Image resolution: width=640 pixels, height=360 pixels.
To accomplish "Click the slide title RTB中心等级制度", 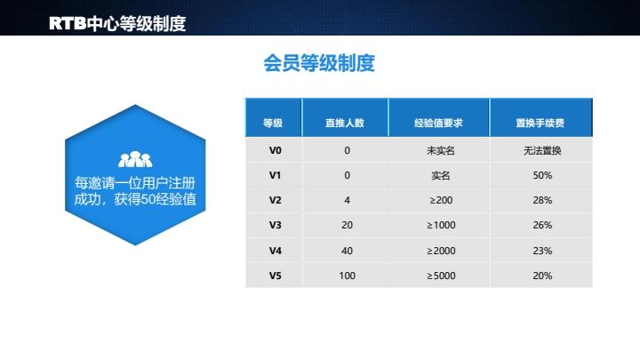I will [117, 23].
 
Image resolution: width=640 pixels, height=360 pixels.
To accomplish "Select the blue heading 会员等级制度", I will [319, 63].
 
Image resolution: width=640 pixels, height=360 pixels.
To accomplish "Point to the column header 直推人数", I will [346, 123].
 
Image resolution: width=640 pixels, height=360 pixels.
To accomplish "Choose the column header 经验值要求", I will [439, 123].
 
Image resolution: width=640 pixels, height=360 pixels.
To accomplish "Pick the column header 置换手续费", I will [541, 123].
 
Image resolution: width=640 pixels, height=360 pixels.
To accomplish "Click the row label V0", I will [275, 150].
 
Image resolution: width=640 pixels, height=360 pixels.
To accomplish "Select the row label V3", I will [275, 226].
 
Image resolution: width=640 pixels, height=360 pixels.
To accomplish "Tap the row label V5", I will [275, 276].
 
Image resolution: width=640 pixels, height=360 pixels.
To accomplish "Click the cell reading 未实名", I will [440, 150].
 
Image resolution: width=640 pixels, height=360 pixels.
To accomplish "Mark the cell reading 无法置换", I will [542, 150].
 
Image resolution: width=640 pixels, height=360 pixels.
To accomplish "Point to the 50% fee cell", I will [542, 175].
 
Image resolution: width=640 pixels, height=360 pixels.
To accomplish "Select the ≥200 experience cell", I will [440, 200].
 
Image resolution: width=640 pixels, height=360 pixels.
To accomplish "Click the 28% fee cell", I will [542, 200].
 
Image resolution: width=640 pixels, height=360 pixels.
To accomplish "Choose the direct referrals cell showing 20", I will [347, 226].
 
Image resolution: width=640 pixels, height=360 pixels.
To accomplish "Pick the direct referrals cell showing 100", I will [347, 276].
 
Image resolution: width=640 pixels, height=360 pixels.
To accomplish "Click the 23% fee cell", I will [542, 251].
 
